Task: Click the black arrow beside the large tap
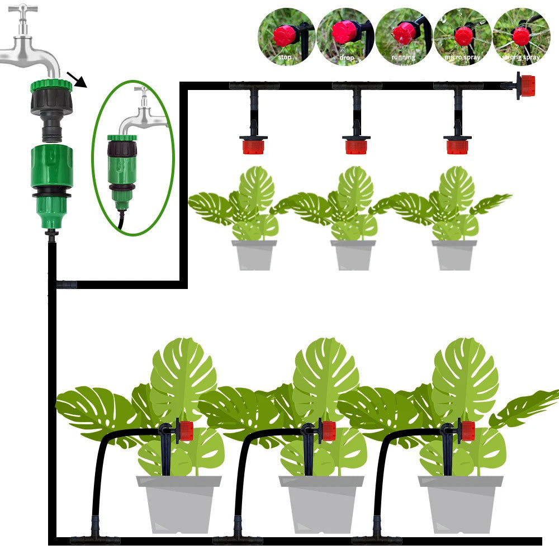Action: point(77,79)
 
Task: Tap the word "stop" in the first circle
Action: point(285,57)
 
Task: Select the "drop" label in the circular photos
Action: point(347,58)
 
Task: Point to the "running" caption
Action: point(403,57)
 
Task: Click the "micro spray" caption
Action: point(462,57)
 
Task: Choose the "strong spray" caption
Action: point(520,57)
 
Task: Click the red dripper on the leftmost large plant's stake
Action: point(186,430)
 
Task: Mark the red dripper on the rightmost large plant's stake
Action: point(467,430)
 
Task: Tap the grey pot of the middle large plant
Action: point(321,504)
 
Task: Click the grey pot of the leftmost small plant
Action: point(254,255)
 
